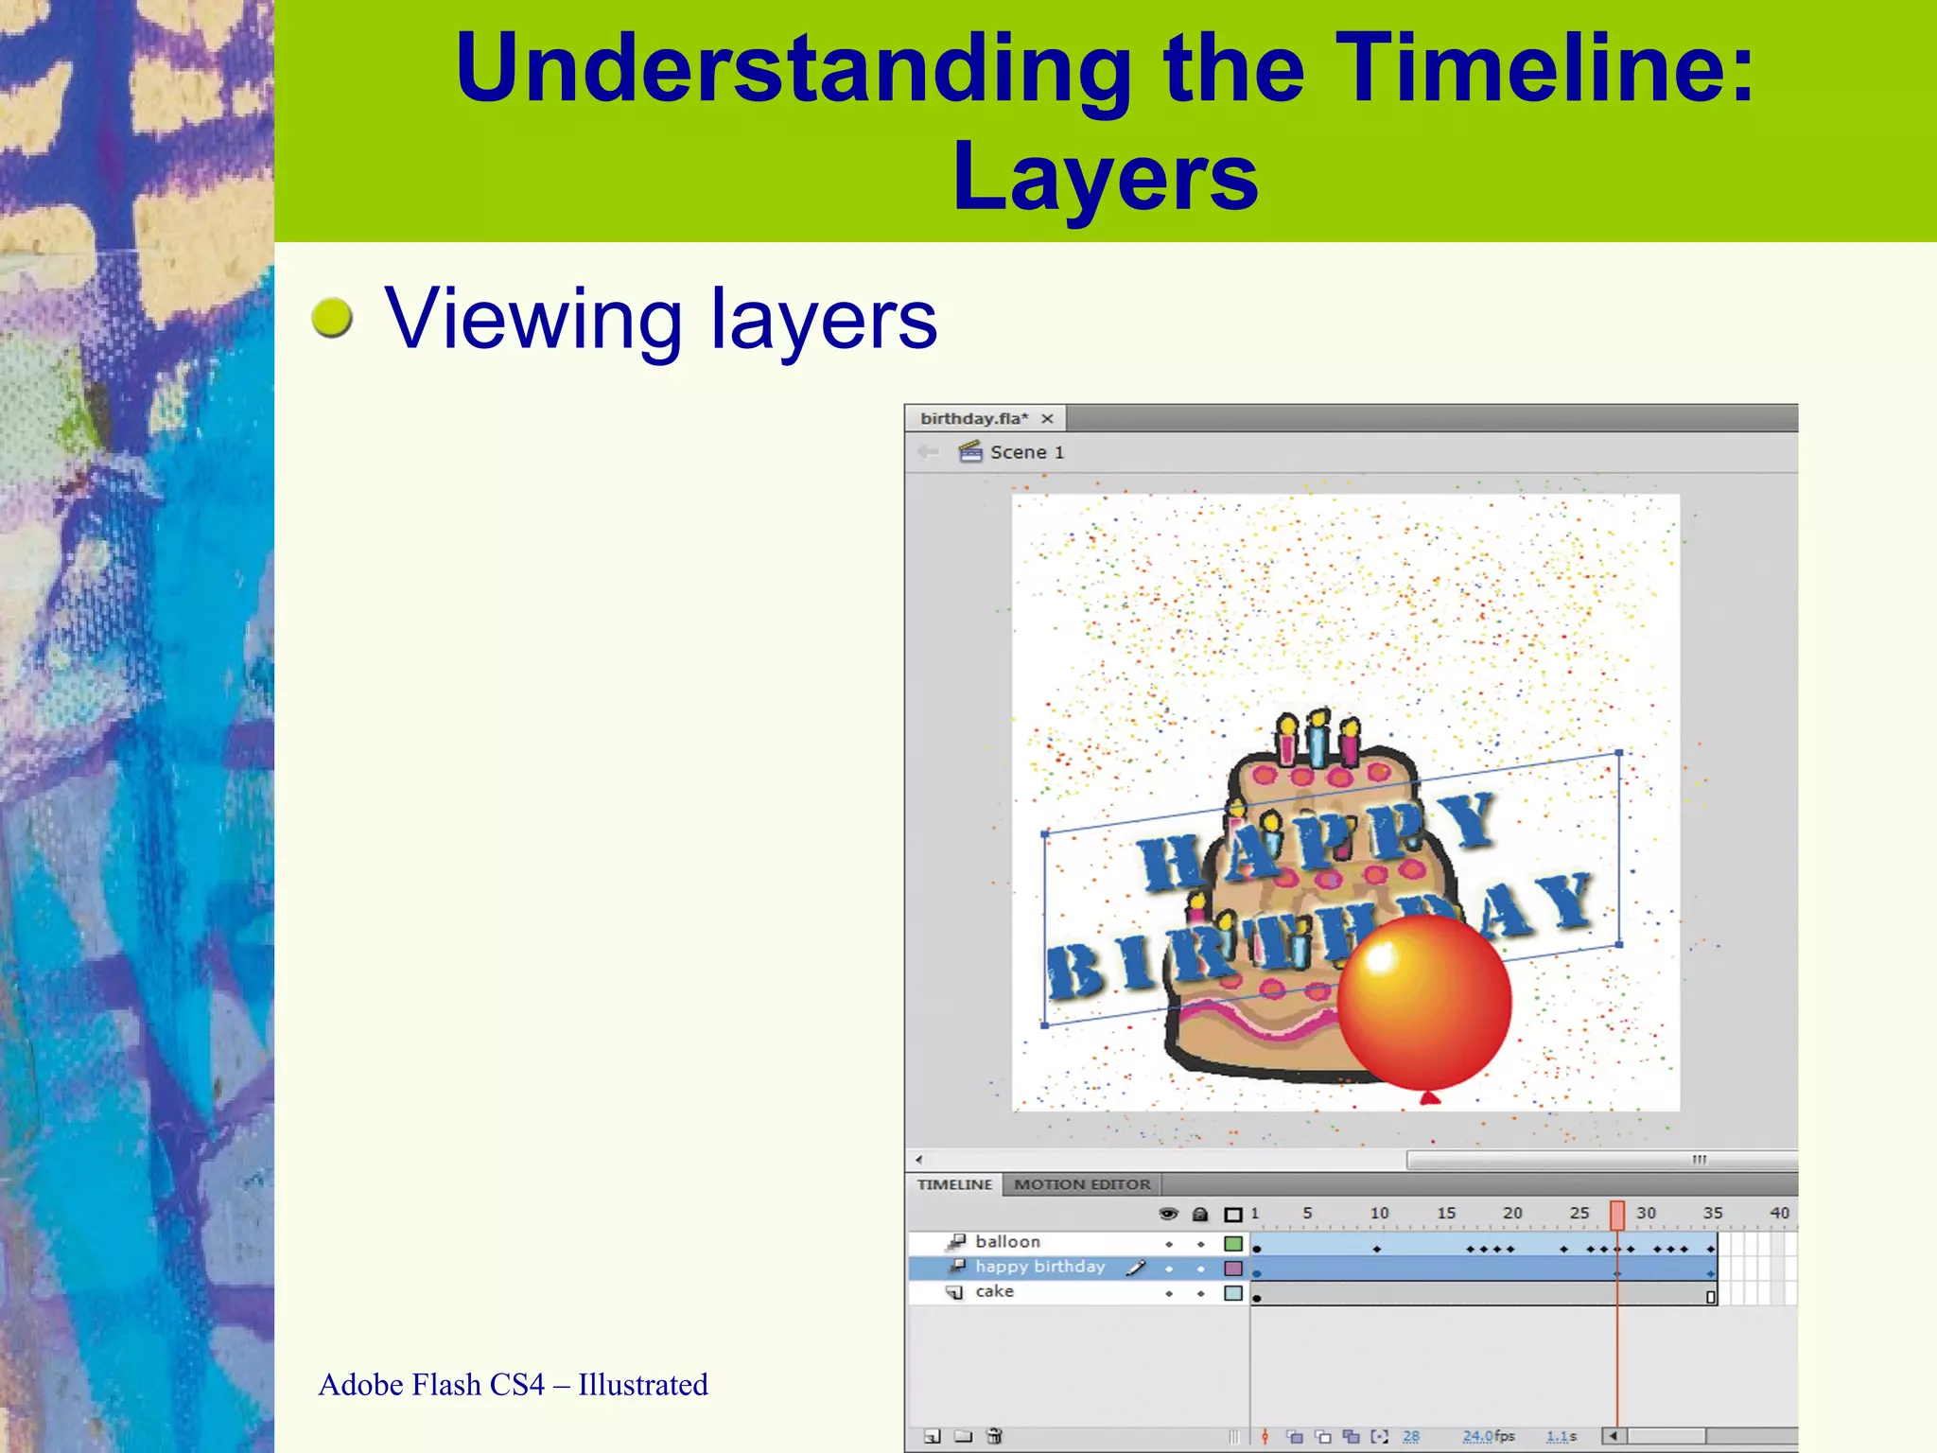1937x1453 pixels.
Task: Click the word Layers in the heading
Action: click(1105, 177)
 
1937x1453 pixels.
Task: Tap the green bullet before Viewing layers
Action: click(332, 318)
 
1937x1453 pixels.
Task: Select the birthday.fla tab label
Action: click(973, 418)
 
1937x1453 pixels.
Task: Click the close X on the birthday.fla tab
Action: click(1047, 418)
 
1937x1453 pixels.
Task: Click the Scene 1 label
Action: click(1026, 452)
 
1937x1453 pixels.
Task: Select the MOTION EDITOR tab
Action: click(1082, 1184)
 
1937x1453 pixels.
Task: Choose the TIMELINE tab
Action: click(954, 1184)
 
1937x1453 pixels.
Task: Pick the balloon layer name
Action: click(1007, 1241)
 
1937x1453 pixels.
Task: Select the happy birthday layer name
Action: click(1039, 1267)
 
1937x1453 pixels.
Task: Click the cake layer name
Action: click(994, 1291)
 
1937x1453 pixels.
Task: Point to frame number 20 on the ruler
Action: click(1512, 1213)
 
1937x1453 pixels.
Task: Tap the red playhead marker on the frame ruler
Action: click(1617, 1215)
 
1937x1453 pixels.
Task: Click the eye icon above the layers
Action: click(1168, 1214)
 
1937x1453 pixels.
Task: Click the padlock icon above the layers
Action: click(1200, 1214)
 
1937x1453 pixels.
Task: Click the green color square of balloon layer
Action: click(1233, 1243)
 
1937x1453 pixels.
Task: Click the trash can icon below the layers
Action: click(994, 1436)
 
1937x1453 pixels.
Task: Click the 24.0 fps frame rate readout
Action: click(1488, 1436)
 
